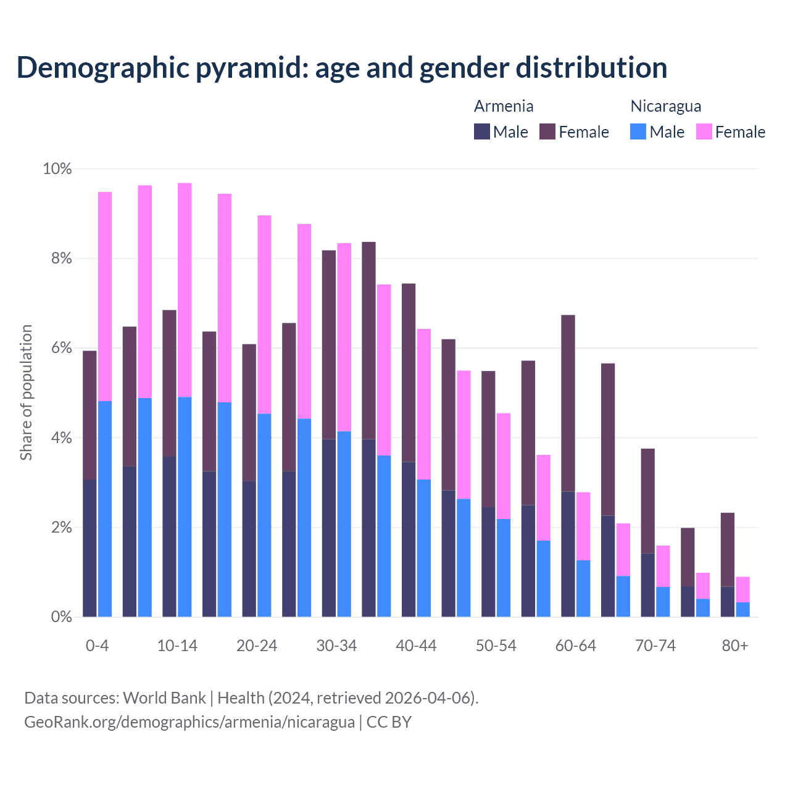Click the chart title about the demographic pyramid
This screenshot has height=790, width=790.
pos(342,68)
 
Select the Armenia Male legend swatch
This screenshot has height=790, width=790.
pos(482,131)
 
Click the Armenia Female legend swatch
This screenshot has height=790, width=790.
pos(547,131)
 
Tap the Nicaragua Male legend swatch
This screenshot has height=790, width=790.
pos(638,131)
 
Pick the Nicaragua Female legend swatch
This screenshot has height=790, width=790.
pos(704,131)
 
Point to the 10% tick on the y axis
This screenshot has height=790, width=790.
pos(57,169)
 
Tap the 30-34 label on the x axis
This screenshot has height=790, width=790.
pos(336,646)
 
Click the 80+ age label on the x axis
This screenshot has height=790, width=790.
pos(734,646)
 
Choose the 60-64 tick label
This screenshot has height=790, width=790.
pos(575,646)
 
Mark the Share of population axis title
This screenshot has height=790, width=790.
pos(26,393)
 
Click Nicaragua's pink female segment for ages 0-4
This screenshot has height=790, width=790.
pos(105,296)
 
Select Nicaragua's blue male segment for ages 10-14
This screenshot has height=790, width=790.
pos(185,506)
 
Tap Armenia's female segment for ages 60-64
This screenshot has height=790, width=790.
pos(568,403)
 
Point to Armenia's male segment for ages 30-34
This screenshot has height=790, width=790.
pos(329,528)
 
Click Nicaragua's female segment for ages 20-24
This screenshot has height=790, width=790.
pos(264,315)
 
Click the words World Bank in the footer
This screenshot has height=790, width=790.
pos(164,698)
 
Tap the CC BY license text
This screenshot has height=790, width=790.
pos(389,722)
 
